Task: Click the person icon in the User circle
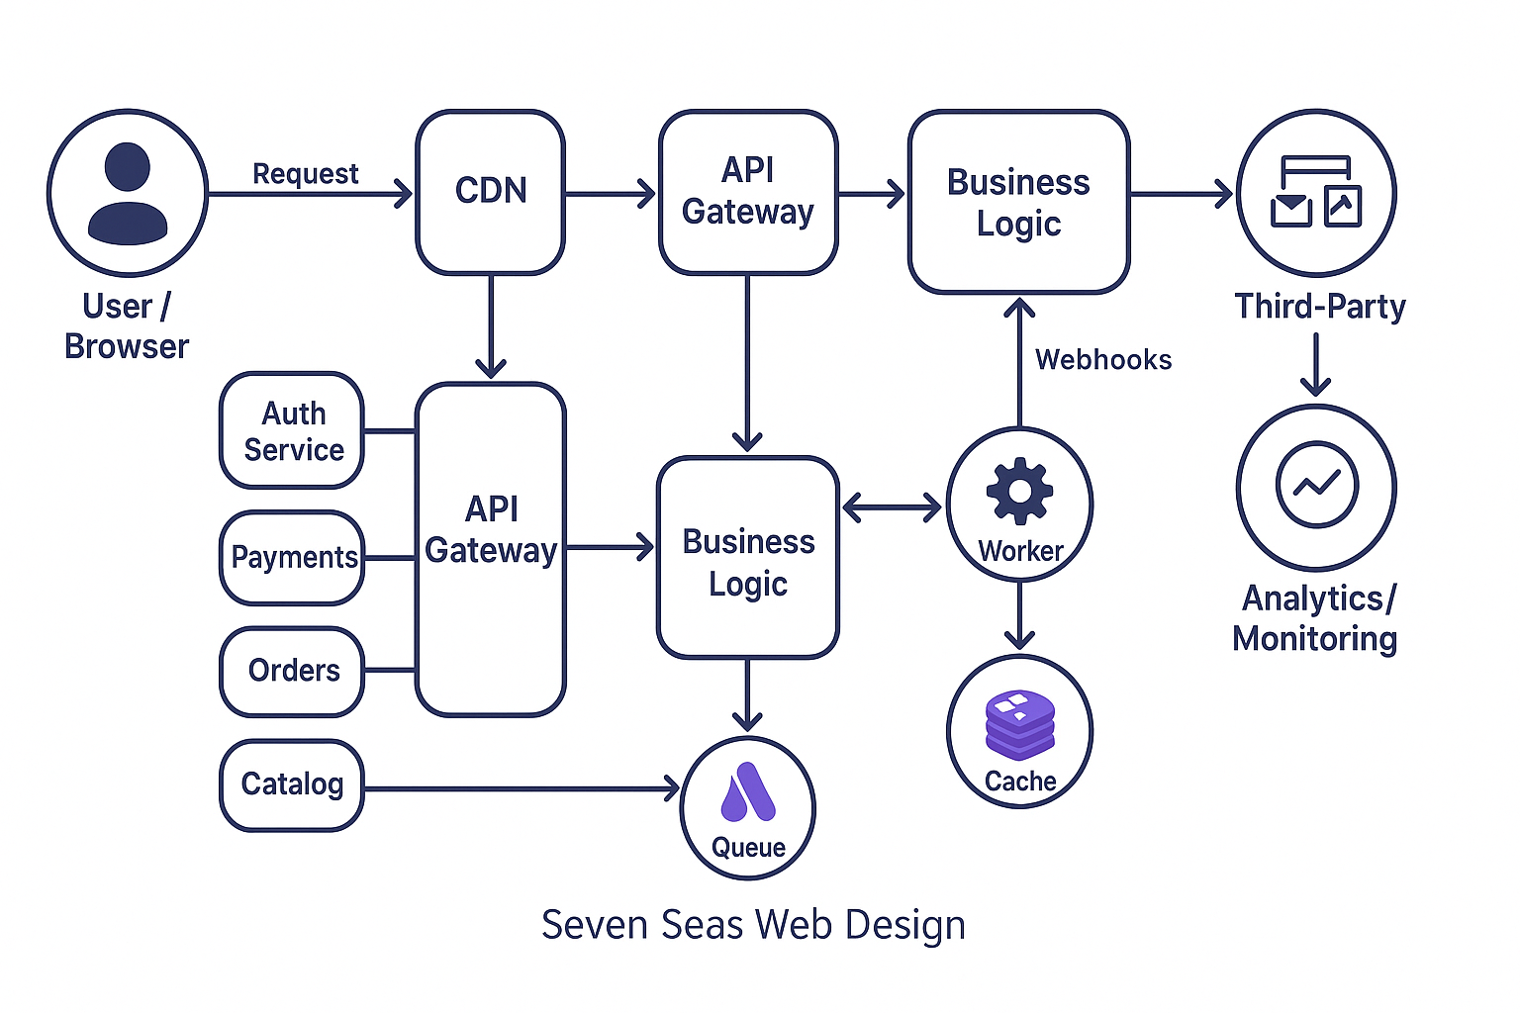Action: tap(128, 193)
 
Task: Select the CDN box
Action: tap(491, 192)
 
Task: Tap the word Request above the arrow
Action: tap(305, 174)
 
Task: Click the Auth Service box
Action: tap(293, 431)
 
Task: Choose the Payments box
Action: tap(293, 558)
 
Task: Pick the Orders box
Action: tap(293, 671)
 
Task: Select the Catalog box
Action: tap(292, 784)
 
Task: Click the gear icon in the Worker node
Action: tap(1019, 491)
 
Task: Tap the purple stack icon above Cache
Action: tap(1019, 724)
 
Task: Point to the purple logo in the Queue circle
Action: tap(748, 793)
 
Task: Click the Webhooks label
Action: tap(1103, 360)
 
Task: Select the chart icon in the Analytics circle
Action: tap(1316, 484)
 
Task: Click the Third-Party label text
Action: tap(1319, 307)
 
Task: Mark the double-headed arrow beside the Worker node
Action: tap(892, 508)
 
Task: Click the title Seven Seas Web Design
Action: tap(753, 925)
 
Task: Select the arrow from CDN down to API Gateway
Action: tap(491, 326)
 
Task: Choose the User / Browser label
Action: tap(127, 326)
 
